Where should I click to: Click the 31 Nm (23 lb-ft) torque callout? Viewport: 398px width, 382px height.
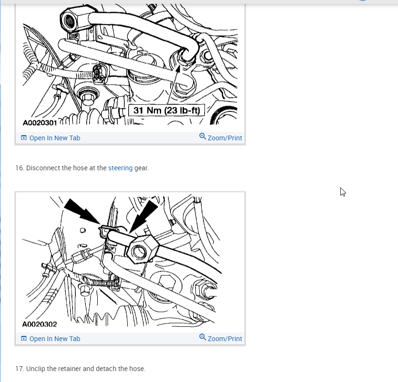(x=166, y=110)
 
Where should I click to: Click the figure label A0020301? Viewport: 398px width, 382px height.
(x=40, y=123)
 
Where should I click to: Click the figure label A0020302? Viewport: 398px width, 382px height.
(x=40, y=324)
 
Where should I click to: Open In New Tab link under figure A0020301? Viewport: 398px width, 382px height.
(x=51, y=138)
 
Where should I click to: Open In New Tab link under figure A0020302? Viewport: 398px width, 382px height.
(x=51, y=339)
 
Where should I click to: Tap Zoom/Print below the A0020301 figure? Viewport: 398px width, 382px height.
(x=221, y=137)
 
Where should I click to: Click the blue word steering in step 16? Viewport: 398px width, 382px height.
(x=120, y=168)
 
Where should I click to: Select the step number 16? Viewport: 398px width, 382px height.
(x=20, y=168)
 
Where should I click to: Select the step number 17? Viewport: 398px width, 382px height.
(x=20, y=369)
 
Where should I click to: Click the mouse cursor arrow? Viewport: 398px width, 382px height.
(x=343, y=192)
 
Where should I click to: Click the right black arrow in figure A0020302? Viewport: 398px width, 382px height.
(x=143, y=216)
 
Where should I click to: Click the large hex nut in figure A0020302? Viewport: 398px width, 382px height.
(x=142, y=249)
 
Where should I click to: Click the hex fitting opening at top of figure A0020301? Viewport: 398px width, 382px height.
(x=69, y=20)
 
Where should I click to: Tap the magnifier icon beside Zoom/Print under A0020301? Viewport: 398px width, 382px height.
(x=202, y=136)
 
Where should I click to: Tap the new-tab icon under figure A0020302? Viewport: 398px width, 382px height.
(x=24, y=338)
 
